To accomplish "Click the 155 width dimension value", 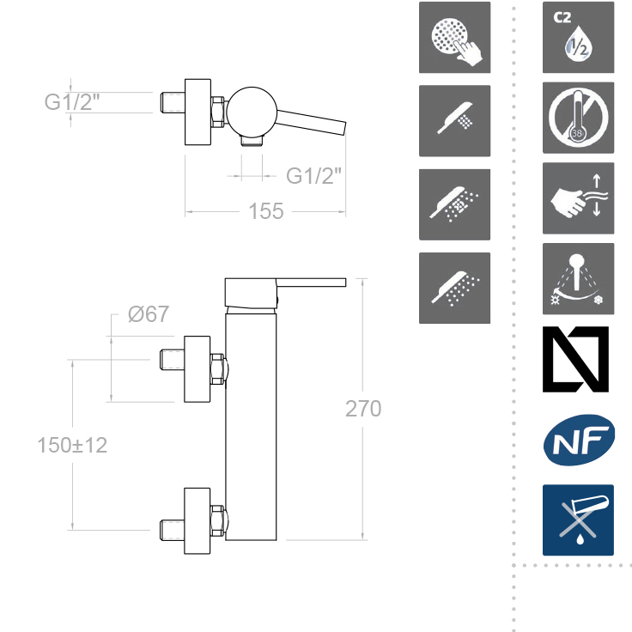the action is tap(266, 210).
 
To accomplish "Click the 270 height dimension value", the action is tap(363, 408).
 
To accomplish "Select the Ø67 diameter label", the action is tap(149, 314).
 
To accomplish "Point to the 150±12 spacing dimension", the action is tap(72, 445).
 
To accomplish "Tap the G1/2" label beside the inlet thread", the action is tap(72, 101).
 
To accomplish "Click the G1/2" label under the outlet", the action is tap(313, 176).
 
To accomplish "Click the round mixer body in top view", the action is tap(252, 112).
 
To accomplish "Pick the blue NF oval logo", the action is tap(579, 441).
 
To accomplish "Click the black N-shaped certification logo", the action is tap(575, 359).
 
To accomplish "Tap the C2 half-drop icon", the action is tap(579, 38).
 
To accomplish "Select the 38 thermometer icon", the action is tap(579, 118).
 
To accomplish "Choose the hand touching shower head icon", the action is tap(454, 38).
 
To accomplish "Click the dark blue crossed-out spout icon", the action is tap(578, 520).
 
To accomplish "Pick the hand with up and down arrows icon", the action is tap(579, 198).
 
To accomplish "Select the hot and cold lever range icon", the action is tap(579, 278).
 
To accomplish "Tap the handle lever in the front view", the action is tap(311, 283).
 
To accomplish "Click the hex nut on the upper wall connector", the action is tap(217, 369).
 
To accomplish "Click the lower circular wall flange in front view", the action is tap(197, 521).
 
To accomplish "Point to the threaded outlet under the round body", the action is tap(252, 141).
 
